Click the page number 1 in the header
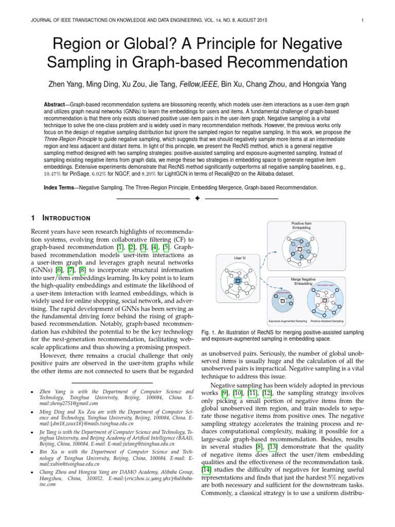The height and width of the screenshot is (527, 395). (363, 21)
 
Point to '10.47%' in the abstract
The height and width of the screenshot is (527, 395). (55, 174)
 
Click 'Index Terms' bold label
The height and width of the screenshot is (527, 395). (60, 188)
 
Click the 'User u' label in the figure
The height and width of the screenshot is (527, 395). (238, 257)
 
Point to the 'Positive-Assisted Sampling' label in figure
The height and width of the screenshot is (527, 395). (328, 321)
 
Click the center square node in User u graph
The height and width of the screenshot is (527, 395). (238, 280)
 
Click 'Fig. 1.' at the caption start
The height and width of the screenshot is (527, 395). (208, 333)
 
